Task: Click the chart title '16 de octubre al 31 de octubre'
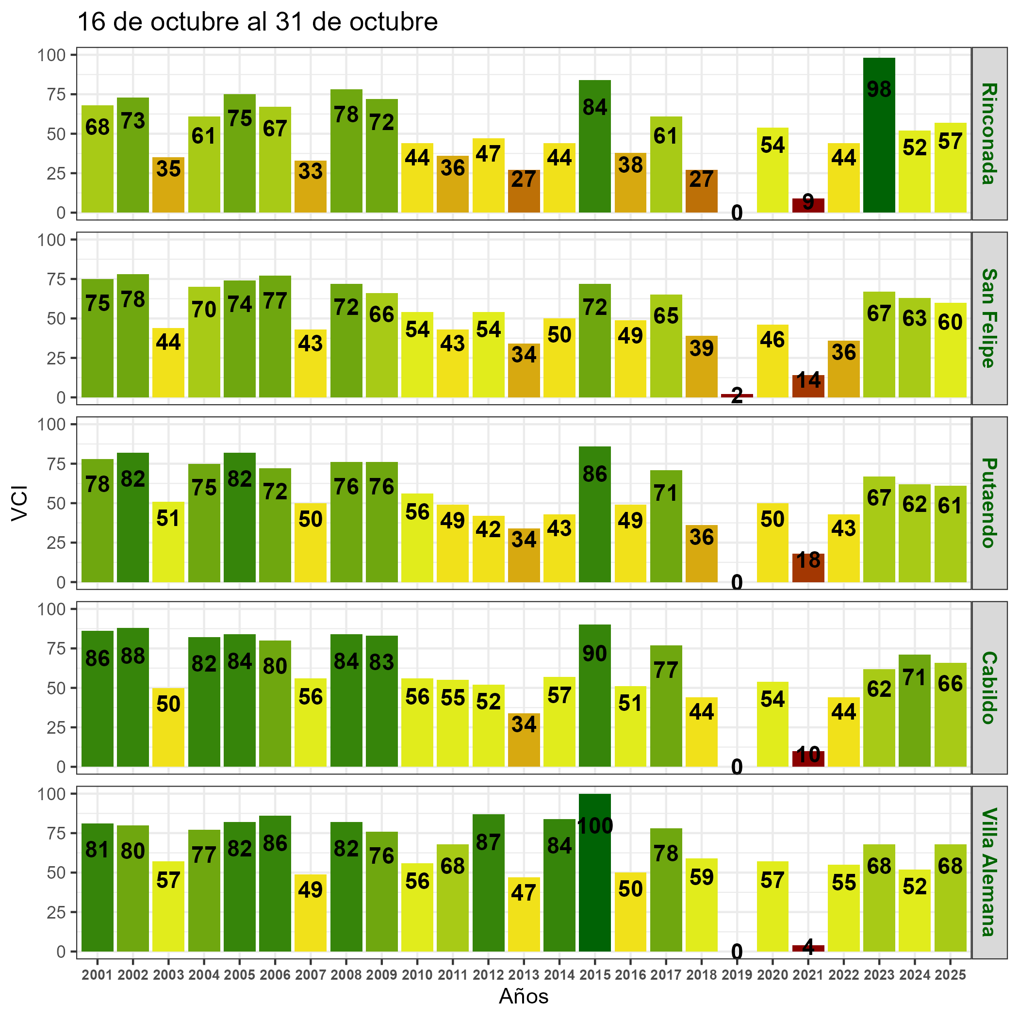click(257, 22)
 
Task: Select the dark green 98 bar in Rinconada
click(879, 135)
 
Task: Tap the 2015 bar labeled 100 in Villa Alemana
click(595, 872)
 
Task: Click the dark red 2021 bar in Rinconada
click(808, 206)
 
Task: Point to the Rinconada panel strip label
click(989, 133)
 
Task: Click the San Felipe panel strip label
click(989, 318)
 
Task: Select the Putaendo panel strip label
click(989, 503)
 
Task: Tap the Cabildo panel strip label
click(989, 688)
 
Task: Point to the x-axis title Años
click(524, 996)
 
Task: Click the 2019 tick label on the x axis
click(737, 975)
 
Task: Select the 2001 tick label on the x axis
click(98, 975)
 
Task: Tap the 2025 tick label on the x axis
click(951, 975)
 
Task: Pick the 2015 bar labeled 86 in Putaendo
click(595, 514)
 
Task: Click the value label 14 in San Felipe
click(808, 380)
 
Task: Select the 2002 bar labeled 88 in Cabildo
click(133, 697)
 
